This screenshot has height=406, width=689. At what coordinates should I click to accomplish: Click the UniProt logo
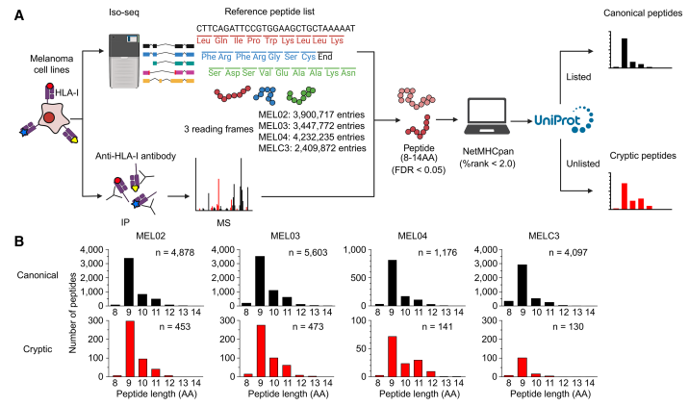click(x=564, y=119)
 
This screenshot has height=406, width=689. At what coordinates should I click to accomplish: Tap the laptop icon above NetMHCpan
click(x=487, y=116)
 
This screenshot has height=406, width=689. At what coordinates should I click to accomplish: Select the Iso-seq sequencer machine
click(x=124, y=61)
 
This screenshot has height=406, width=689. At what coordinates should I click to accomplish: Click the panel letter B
click(x=19, y=241)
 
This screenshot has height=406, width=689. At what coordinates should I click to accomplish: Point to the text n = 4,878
click(x=175, y=253)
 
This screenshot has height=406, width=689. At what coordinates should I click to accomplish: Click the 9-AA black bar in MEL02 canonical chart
click(x=129, y=282)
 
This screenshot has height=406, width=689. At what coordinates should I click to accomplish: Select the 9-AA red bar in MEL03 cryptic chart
click(x=261, y=350)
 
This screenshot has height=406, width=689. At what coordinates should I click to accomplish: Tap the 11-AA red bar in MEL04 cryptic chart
click(x=419, y=368)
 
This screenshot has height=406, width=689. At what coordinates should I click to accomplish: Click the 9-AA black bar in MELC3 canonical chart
click(x=523, y=285)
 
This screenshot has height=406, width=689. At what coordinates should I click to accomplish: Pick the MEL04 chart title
click(x=413, y=236)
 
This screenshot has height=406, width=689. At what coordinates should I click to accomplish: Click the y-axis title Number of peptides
click(x=73, y=313)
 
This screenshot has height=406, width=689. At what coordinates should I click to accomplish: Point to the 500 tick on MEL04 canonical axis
click(x=360, y=278)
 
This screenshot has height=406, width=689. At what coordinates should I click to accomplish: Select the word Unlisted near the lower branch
click(x=582, y=164)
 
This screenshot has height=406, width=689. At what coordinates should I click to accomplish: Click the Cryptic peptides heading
click(x=643, y=156)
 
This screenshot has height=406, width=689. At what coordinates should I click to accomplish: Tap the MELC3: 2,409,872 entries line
click(x=313, y=148)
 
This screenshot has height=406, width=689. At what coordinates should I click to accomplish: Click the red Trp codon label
click(x=271, y=40)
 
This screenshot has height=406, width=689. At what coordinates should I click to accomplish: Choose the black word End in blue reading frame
click(x=325, y=57)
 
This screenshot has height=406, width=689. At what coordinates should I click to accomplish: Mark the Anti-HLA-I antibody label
click(x=136, y=156)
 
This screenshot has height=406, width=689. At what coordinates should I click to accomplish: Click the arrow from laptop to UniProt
click(x=522, y=121)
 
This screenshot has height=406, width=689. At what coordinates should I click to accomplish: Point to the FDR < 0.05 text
click(x=419, y=170)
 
